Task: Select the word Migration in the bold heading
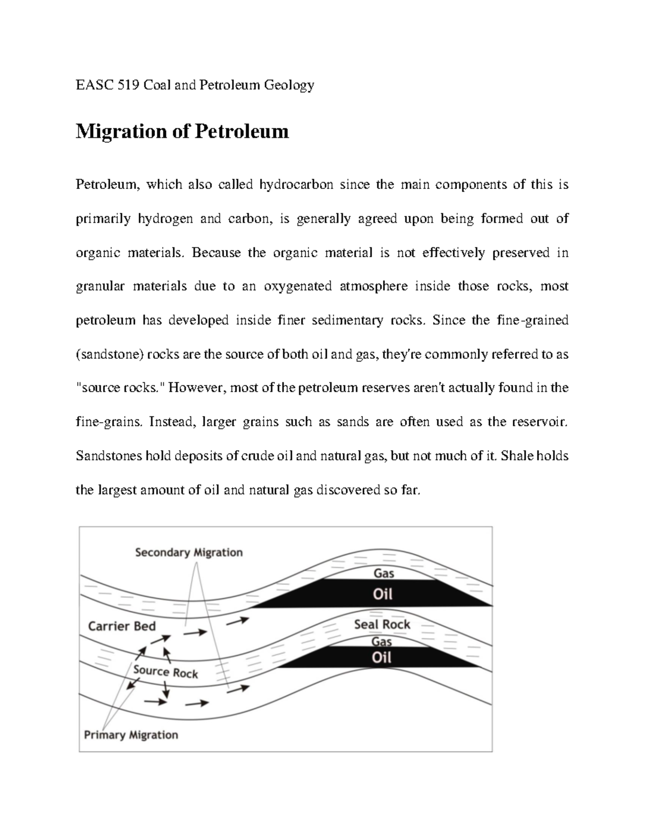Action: [x=121, y=131]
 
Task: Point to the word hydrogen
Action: [x=166, y=219]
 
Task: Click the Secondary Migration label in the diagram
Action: [x=189, y=552]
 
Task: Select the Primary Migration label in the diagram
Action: [x=131, y=735]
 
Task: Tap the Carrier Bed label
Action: [x=121, y=626]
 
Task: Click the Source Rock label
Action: [x=166, y=672]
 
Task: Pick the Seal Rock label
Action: [x=382, y=625]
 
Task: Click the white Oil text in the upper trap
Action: [x=383, y=594]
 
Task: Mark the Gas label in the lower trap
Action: [x=382, y=641]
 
